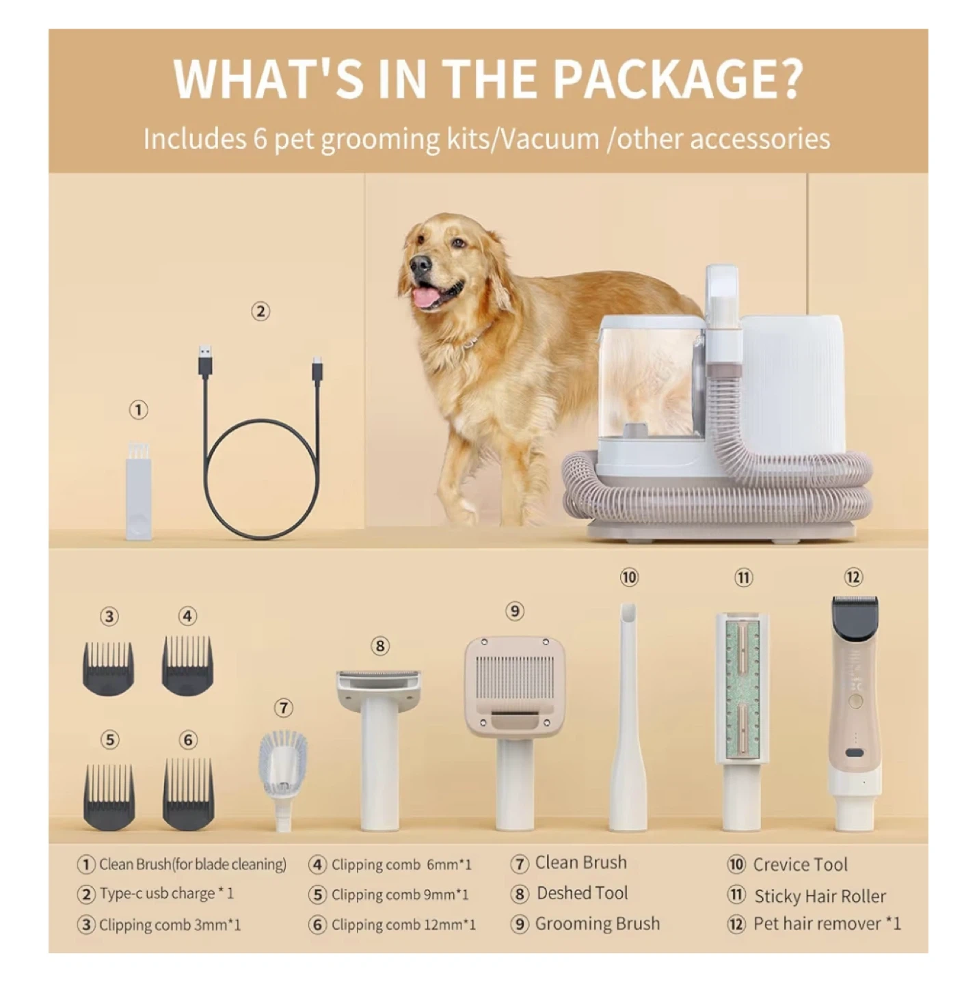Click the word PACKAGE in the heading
[678, 79]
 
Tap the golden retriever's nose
[420, 264]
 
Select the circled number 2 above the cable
[260, 311]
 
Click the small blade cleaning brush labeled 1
[139, 491]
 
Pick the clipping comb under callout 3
[108, 668]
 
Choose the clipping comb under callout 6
[188, 794]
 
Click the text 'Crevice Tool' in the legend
[800, 864]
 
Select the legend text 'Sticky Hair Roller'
[820, 896]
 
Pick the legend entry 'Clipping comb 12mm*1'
[403, 925]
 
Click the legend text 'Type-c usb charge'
[157, 894]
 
